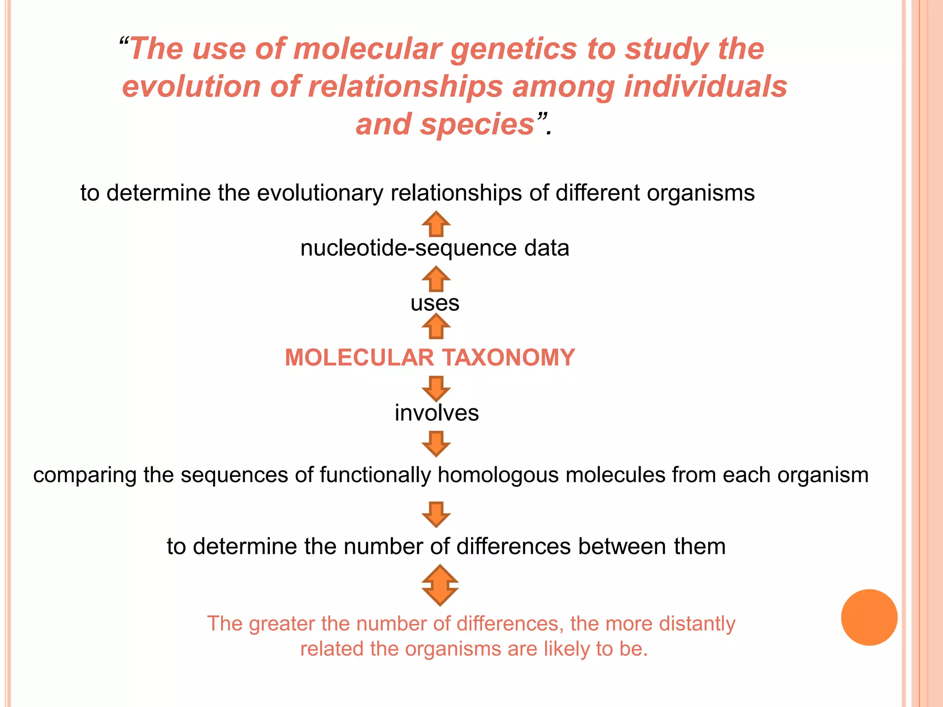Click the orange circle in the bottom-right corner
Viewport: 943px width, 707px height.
[x=869, y=617]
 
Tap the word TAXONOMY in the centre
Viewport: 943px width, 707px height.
[x=508, y=358]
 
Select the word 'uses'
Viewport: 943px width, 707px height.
[x=435, y=303]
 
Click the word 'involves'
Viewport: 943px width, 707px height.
[x=437, y=413]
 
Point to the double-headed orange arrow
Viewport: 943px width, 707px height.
[x=440, y=585]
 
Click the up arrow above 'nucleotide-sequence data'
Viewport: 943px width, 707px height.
[x=436, y=224]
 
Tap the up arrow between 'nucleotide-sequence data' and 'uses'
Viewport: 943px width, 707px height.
[x=436, y=279]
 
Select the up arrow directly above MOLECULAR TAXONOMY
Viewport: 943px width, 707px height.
[x=436, y=326]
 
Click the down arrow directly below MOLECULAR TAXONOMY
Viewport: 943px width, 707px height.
[x=436, y=388]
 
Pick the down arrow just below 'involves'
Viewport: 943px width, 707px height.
[x=436, y=443]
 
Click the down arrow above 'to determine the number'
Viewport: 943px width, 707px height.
[x=436, y=514]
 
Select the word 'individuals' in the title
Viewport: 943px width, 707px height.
[x=705, y=87]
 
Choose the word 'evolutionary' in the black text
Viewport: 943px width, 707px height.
[x=320, y=193]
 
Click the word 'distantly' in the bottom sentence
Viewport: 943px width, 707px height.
[x=694, y=624]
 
